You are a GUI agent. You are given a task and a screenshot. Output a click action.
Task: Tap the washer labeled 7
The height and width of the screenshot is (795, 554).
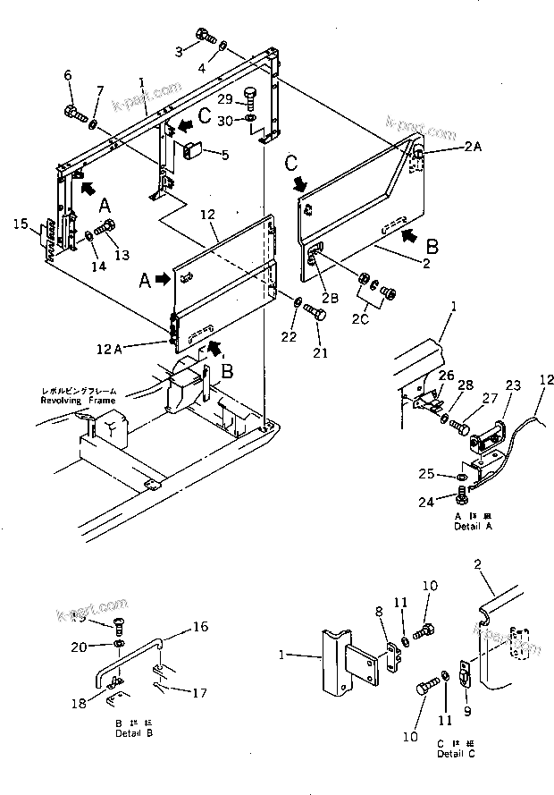tap(95, 116)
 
